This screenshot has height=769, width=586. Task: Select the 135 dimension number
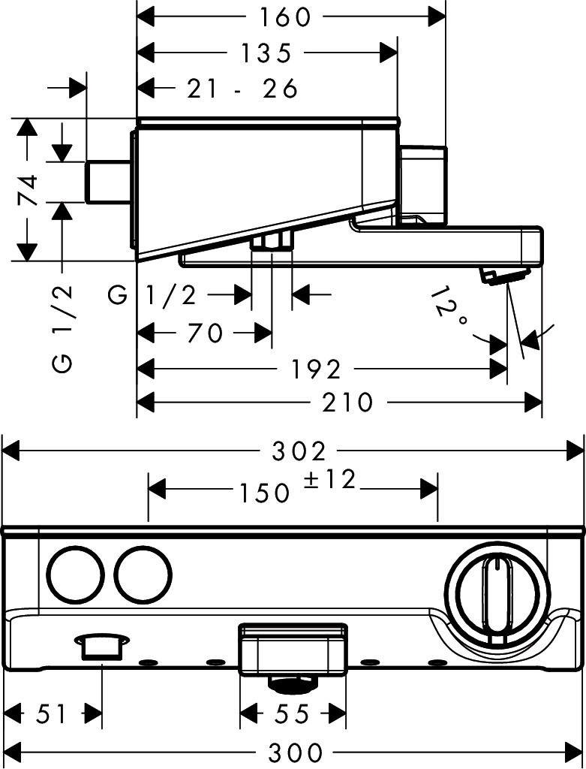tap(266, 53)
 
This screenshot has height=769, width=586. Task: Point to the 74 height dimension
tap(29, 190)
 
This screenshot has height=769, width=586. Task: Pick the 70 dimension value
tap(204, 333)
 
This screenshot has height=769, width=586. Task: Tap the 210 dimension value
tap(348, 403)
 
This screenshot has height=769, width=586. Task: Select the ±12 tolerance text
tap(330, 480)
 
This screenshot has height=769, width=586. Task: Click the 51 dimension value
tap(52, 713)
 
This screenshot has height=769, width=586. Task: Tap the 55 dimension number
tap(292, 713)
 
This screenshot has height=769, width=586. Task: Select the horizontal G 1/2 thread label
tap(152, 295)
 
